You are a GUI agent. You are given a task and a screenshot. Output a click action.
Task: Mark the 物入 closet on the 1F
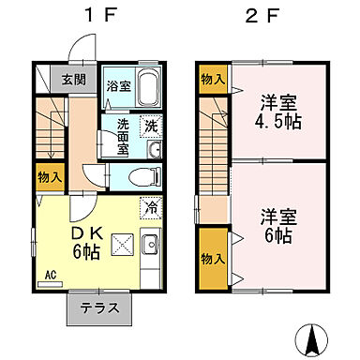(48, 175)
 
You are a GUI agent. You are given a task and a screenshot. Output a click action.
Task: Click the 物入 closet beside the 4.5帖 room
(211, 81)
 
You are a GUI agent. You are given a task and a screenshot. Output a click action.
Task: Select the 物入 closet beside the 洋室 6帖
(213, 256)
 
